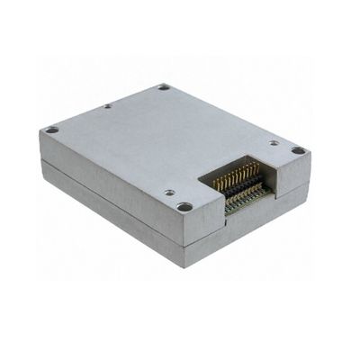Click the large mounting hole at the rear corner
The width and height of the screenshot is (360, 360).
[x=164, y=87]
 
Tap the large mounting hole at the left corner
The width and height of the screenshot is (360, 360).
[x=52, y=130]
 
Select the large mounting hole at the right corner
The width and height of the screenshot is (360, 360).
[x=298, y=150]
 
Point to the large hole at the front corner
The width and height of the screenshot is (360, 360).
[x=184, y=207]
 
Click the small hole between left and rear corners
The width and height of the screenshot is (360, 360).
[x=107, y=106]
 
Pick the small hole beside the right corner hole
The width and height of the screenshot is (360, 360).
[x=274, y=142]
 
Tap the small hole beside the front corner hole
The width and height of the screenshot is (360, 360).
[x=168, y=192]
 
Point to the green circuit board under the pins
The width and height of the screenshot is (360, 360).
[x=243, y=205]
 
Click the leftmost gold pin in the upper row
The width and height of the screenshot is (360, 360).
[x=217, y=183]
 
